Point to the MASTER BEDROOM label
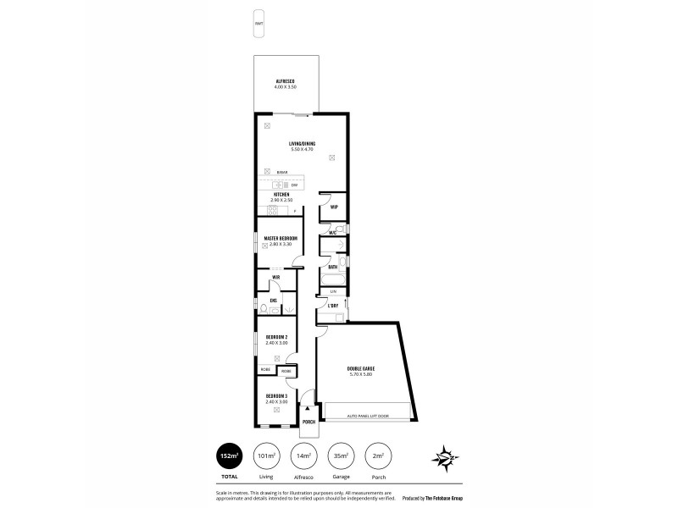tap(280, 239)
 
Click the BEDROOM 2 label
tap(277, 338)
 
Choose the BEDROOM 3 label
tap(277, 396)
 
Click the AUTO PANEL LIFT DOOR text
tap(367, 416)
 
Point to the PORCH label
tap(309, 422)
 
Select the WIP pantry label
tap(335, 207)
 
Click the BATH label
tap(333, 267)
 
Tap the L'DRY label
tap(333, 305)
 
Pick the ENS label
tap(274, 300)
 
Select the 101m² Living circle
tap(268, 457)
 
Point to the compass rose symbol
tap(447, 458)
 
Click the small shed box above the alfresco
tap(258, 23)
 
